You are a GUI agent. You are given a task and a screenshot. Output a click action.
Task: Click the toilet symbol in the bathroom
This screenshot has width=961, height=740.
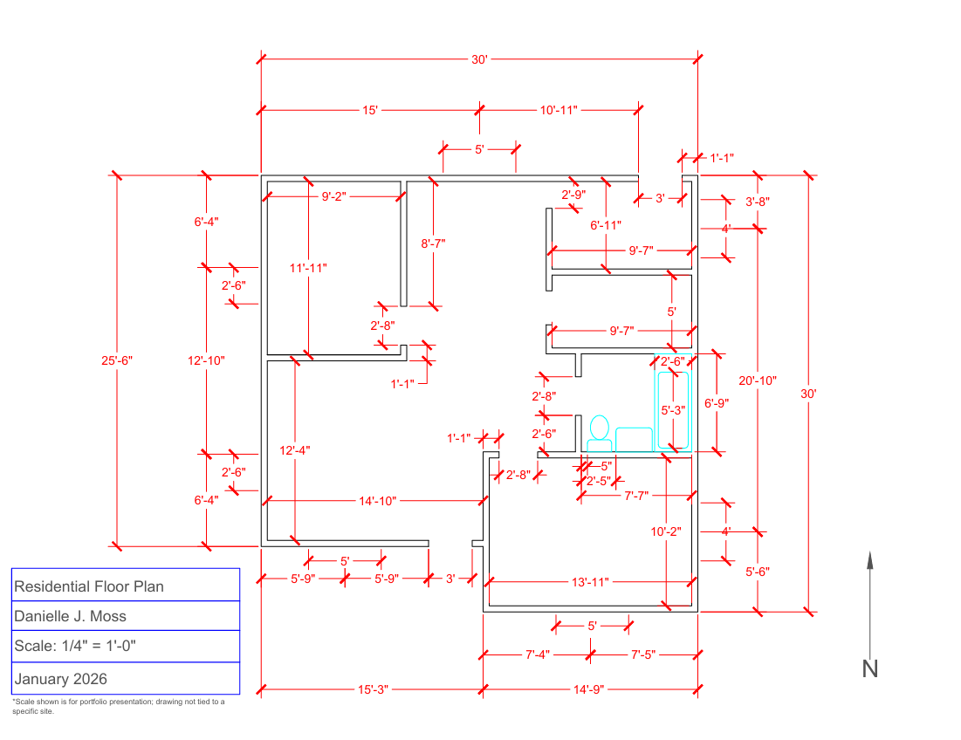(x=599, y=434)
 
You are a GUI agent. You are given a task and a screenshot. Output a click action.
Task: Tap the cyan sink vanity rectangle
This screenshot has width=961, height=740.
(x=634, y=439)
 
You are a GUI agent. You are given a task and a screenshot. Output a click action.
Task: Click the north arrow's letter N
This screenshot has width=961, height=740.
(x=869, y=669)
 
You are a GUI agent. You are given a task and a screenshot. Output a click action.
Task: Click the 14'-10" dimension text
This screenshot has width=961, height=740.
(x=377, y=501)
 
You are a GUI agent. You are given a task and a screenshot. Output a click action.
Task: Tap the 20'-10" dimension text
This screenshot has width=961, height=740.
(x=757, y=380)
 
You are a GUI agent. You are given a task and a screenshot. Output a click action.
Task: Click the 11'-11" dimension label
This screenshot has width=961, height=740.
(x=307, y=268)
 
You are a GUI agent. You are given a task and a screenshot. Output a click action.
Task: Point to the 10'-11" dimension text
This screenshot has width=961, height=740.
(x=559, y=110)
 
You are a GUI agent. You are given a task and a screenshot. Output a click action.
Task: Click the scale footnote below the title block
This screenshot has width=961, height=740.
(x=118, y=706)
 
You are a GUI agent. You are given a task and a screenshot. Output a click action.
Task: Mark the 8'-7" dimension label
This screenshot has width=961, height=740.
(x=434, y=244)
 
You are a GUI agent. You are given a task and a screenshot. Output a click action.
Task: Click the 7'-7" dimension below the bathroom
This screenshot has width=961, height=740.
(x=635, y=496)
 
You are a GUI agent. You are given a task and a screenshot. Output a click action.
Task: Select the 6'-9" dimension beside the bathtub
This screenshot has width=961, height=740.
(x=717, y=403)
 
